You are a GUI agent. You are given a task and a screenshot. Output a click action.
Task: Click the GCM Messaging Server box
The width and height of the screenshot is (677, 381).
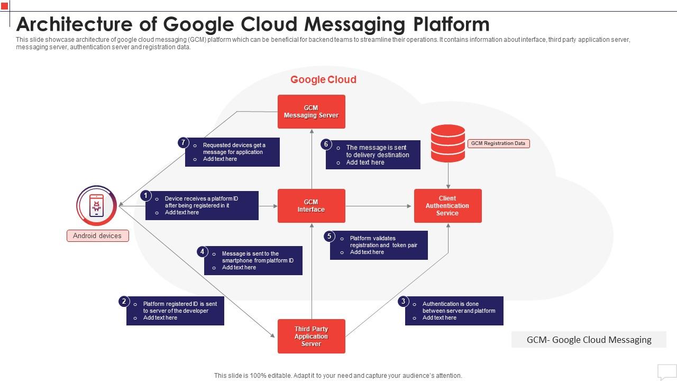pyautogui.click(x=311, y=112)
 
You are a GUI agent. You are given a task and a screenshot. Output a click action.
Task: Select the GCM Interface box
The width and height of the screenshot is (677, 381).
pyautogui.click(x=311, y=206)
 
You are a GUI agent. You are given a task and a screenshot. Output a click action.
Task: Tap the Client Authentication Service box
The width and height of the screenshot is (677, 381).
pyautogui.click(x=447, y=206)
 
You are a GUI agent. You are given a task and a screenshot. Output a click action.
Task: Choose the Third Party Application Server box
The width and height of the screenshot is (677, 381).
pyautogui.click(x=311, y=336)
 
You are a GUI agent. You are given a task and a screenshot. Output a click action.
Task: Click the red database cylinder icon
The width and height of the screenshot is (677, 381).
pyautogui.click(x=448, y=143)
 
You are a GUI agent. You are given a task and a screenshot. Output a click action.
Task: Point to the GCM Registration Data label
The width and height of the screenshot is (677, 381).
pyautogui.click(x=499, y=143)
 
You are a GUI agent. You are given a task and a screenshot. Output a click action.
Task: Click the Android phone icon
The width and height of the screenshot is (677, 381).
pyautogui.click(x=96, y=205)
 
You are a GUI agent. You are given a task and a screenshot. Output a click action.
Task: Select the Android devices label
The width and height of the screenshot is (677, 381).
pyautogui.click(x=97, y=236)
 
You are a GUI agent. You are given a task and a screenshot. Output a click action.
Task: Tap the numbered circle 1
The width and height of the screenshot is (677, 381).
pyautogui.click(x=146, y=196)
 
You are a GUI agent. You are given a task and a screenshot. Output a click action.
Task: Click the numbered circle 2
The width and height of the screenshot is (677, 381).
pyautogui.click(x=124, y=302)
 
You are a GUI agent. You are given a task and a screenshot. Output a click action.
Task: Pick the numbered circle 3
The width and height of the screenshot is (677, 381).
pyautogui.click(x=403, y=302)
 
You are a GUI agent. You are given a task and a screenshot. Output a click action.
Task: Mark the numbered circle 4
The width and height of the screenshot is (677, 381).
pyautogui.click(x=203, y=252)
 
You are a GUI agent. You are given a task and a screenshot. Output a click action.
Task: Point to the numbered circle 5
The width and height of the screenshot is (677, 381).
pyautogui.click(x=329, y=236)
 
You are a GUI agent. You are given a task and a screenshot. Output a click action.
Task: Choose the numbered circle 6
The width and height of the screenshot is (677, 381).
pyautogui.click(x=326, y=144)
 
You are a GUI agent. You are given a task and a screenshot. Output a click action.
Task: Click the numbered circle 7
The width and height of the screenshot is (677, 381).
pyautogui.click(x=183, y=142)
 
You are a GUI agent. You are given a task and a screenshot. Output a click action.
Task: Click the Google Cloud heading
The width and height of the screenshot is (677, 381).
pyautogui.click(x=323, y=79)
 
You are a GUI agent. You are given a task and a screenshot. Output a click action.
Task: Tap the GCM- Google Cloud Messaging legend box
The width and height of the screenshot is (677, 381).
pyautogui.click(x=589, y=340)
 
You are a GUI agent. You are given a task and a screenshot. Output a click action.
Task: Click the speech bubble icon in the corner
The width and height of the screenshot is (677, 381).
pyautogui.click(x=666, y=371)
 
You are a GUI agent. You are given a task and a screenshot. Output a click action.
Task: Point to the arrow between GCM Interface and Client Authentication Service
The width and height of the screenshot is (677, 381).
pyautogui.click(x=379, y=206)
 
